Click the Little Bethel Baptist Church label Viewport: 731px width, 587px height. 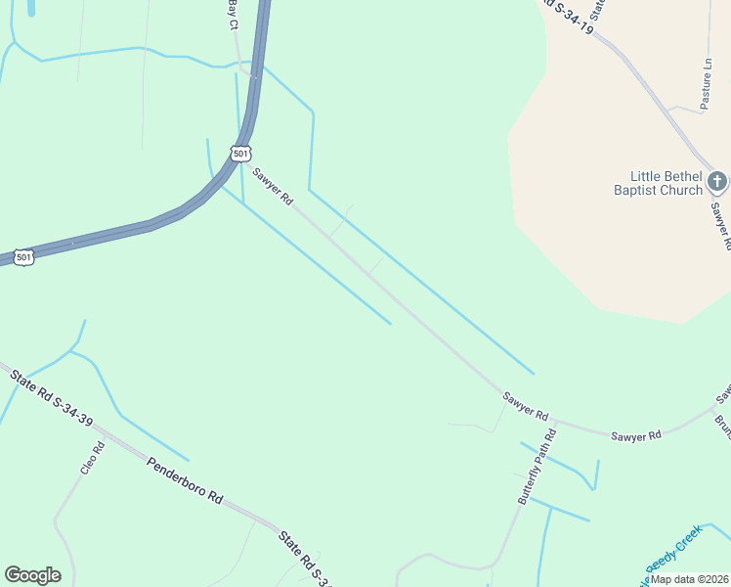point(658,183)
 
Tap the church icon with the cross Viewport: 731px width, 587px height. point(717,181)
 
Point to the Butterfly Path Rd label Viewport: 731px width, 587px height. point(537,467)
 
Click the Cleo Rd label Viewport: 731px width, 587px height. point(92,458)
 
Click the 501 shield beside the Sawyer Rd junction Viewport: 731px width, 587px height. point(241,153)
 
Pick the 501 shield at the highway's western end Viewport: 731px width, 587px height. point(24,257)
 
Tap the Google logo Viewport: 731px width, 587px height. point(32,575)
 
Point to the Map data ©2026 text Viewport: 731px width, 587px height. point(689,579)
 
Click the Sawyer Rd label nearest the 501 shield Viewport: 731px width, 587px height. point(273,187)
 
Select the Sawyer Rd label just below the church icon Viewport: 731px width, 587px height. point(720,225)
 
